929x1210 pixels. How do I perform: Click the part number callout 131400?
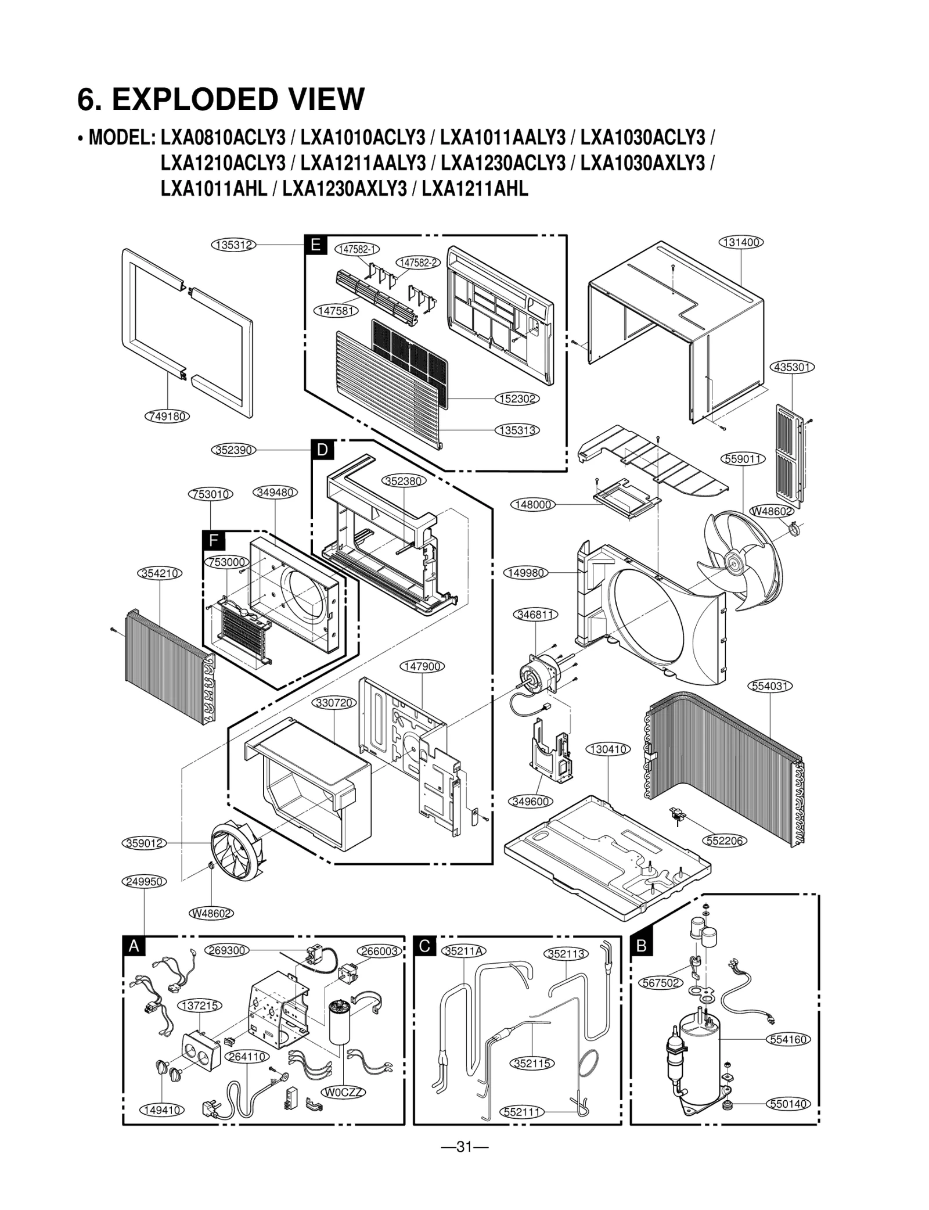[741, 242]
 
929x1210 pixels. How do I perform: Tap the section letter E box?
[315, 245]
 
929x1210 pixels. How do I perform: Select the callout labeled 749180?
[167, 416]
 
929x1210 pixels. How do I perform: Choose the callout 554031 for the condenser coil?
[770, 685]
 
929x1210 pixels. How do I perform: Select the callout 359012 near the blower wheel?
[145, 843]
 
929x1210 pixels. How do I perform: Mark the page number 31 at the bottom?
[464, 1147]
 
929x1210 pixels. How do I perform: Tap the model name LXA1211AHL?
[475, 189]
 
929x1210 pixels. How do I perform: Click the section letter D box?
[323, 450]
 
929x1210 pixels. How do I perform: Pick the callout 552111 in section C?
[522, 1112]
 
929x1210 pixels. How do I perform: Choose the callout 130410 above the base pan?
[608, 749]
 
